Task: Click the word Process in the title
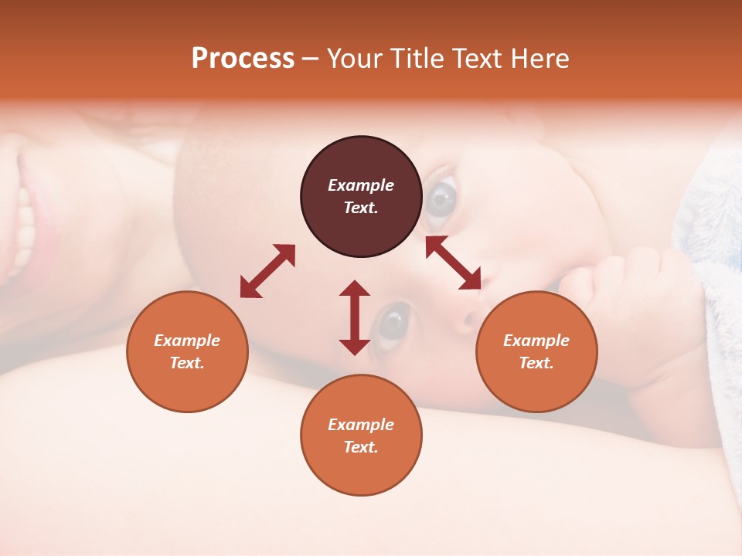pyautogui.click(x=243, y=59)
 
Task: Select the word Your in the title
pyautogui.click(x=355, y=59)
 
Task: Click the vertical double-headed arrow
pyautogui.click(x=355, y=317)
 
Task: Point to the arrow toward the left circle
pyautogui.click(x=267, y=271)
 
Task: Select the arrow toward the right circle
pyautogui.click(x=454, y=263)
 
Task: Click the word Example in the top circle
pyautogui.click(x=361, y=185)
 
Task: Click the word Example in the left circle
pyautogui.click(x=187, y=341)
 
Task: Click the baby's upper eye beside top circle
pyautogui.click(x=443, y=200)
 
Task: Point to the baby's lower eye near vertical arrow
pyautogui.click(x=394, y=320)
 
